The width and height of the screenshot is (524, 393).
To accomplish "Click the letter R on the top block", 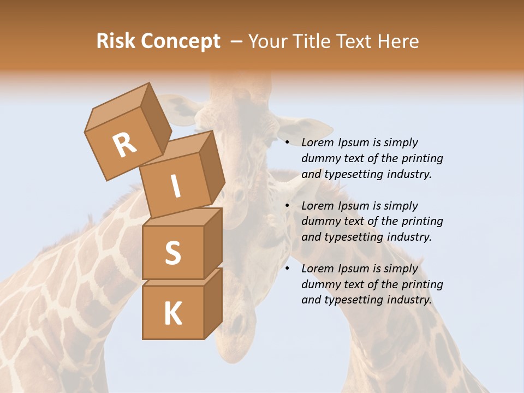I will pos(125,145).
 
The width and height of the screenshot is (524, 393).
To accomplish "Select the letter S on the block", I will pos(172,253).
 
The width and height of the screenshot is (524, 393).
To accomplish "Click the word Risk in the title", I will pos(115,41).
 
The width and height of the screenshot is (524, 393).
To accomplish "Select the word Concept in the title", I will pos(180,41).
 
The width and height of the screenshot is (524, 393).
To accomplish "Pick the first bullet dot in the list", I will pos(288,143).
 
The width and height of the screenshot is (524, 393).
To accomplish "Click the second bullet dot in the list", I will pos(288,206).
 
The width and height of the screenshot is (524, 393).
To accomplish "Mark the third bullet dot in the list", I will pos(288,269).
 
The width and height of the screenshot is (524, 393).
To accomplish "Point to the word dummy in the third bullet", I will pos(319,284).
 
